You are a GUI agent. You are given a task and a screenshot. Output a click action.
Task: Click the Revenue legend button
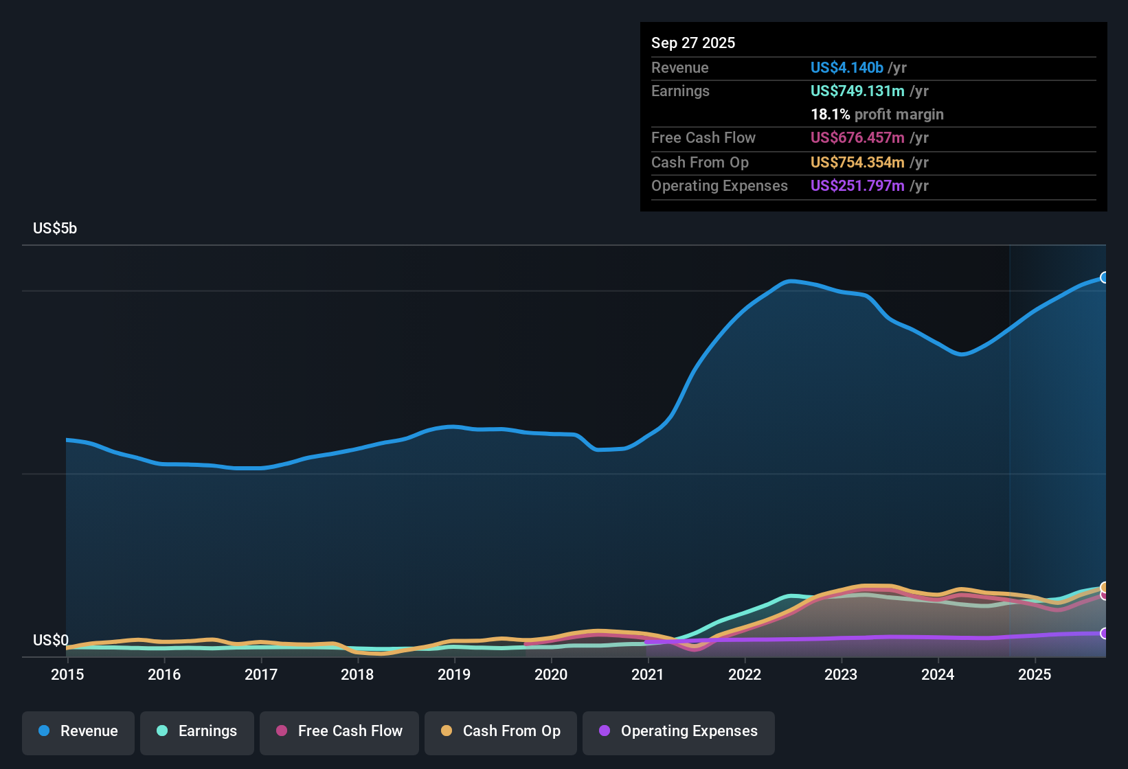(x=78, y=731)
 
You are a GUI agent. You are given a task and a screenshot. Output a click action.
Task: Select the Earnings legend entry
(x=197, y=731)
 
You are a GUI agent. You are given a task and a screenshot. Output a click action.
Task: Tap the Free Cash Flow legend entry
(x=339, y=731)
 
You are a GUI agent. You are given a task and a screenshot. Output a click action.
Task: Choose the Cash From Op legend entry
(x=501, y=731)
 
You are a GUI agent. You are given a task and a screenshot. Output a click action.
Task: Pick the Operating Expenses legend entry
(x=679, y=731)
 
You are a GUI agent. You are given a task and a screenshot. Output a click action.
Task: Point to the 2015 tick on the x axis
(x=67, y=674)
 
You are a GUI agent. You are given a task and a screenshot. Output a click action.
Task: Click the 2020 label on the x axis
(x=551, y=674)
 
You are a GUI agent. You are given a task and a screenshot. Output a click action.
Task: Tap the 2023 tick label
(x=841, y=674)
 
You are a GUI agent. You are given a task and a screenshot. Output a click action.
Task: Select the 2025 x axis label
(x=1035, y=674)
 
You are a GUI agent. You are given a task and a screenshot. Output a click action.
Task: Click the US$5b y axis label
(x=55, y=229)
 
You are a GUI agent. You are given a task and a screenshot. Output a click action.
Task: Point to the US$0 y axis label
(x=51, y=641)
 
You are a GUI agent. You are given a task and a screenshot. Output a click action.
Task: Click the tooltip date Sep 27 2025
(x=693, y=43)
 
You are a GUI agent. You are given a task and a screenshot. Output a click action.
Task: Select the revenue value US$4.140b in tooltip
(x=846, y=68)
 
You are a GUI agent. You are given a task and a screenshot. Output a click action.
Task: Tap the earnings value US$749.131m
(x=857, y=91)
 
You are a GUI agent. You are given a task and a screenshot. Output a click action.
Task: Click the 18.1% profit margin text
(x=877, y=115)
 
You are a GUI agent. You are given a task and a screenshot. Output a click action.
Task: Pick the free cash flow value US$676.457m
(x=857, y=138)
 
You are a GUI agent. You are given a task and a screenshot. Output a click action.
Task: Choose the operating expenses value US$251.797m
(x=857, y=186)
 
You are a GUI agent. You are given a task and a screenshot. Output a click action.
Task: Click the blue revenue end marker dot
(x=1105, y=277)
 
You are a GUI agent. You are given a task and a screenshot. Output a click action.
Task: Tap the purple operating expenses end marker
(x=1105, y=633)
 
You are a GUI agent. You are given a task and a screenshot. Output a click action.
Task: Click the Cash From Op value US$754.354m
(x=857, y=163)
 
